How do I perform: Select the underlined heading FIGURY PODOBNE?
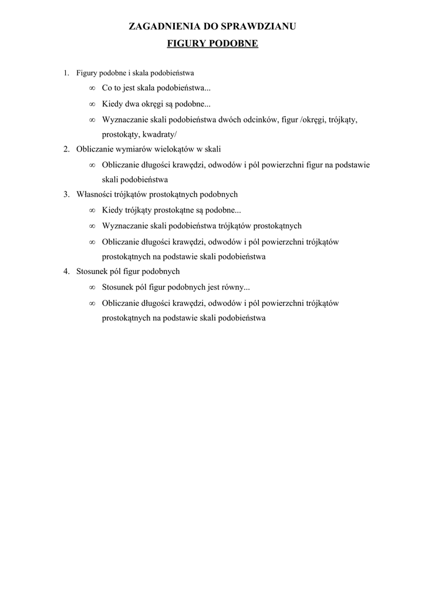tap(212, 43)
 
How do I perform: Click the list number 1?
tap(66, 73)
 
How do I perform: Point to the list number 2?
tap(66, 149)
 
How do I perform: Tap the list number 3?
tap(66, 195)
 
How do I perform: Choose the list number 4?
tap(66, 272)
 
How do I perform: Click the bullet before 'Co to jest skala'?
tap(92, 89)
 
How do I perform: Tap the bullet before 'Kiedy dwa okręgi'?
tap(92, 104)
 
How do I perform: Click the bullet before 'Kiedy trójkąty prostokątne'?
tap(92, 210)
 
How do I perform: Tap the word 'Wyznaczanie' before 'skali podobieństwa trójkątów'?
tap(124, 225)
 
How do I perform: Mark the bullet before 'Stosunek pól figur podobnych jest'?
tap(92, 288)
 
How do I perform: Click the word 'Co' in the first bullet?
tap(107, 89)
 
